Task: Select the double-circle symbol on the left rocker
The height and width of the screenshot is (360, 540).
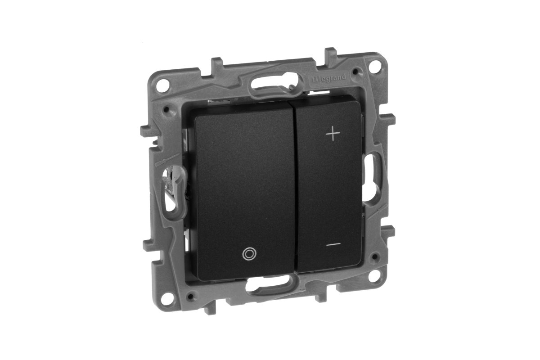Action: tap(248, 254)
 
